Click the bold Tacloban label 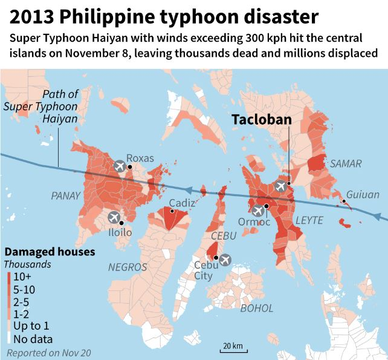tap(261, 120)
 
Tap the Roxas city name tap(140, 158)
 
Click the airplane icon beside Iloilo tap(114, 218)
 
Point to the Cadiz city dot tap(172, 211)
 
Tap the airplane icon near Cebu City tap(225, 260)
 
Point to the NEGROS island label tap(128, 266)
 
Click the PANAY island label tap(65, 195)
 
